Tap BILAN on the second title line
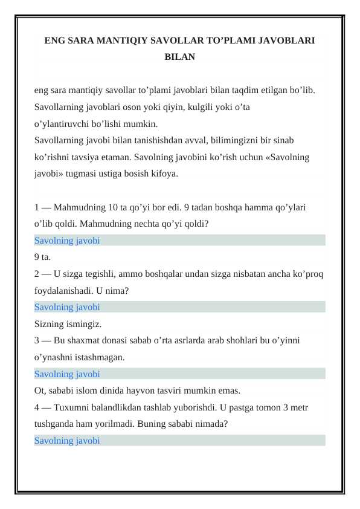(x=180, y=57)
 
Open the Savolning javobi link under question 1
(x=67, y=240)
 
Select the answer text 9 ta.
(x=43, y=257)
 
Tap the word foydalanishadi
(x=63, y=290)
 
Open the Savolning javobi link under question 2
(x=67, y=307)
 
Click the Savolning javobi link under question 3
(x=67, y=374)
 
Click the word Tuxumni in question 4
(x=69, y=407)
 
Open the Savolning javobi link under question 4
(x=67, y=440)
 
